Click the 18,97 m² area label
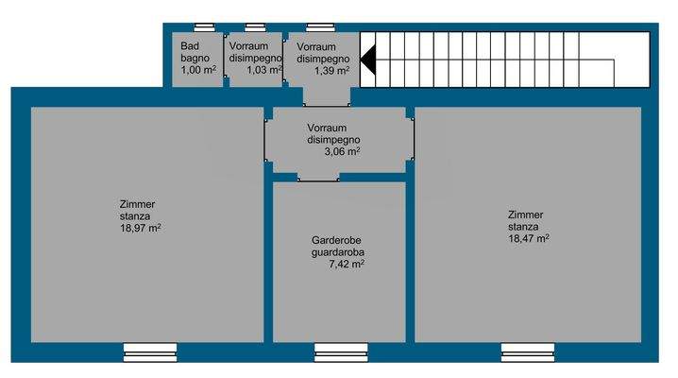(140, 228)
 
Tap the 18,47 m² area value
(529, 238)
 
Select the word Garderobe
(338, 240)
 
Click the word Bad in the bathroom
(190, 44)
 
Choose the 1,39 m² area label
(331, 69)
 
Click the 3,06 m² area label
(341, 150)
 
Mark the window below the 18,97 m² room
(150, 352)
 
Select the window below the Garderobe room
(340, 352)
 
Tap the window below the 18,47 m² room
(527, 352)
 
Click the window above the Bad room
(202, 26)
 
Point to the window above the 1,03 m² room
(255, 26)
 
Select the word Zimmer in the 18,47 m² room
(525, 215)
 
